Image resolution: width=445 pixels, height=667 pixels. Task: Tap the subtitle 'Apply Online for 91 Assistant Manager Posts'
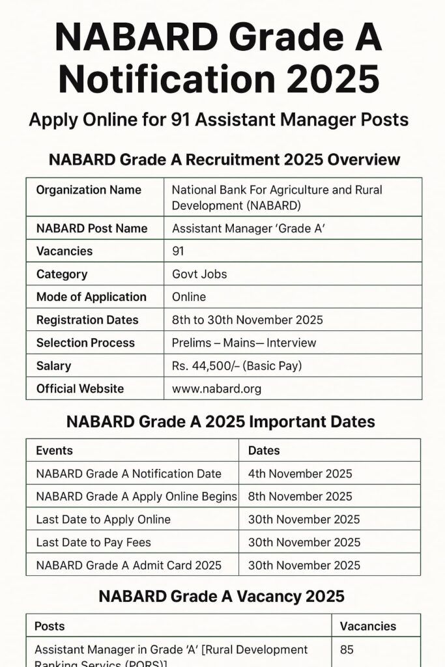(219, 120)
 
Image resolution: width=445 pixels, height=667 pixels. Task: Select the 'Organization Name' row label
(89, 190)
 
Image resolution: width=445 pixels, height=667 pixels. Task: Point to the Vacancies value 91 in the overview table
(178, 251)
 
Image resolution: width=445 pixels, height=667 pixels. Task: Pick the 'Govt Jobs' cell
(199, 274)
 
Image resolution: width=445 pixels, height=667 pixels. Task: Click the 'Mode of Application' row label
(91, 297)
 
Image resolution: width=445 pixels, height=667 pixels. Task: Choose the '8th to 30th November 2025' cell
(247, 320)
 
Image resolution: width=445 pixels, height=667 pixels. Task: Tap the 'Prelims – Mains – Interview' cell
(244, 343)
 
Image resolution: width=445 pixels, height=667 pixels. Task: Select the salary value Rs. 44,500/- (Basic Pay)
(237, 366)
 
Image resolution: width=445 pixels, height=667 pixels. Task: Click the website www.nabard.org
(216, 389)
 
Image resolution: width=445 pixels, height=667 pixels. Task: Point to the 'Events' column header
(54, 450)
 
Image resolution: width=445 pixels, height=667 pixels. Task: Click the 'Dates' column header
(264, 450)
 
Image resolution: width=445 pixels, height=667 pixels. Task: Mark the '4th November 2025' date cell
(300, 474)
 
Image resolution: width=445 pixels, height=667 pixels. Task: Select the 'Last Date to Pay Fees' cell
(94, 542)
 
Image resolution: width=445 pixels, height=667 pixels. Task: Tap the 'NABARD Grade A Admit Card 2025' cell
(128, 565)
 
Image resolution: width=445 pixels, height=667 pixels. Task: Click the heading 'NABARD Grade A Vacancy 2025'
(221, 596)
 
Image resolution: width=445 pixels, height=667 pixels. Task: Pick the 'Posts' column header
(50, 626)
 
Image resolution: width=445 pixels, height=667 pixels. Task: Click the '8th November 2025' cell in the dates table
(300, 496)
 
